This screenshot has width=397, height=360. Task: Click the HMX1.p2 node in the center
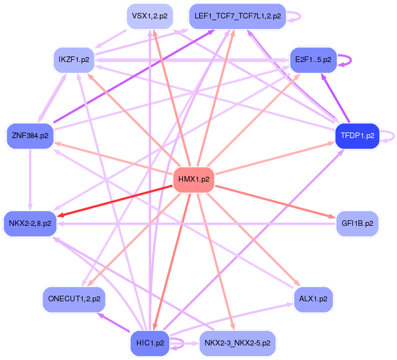(194, 180)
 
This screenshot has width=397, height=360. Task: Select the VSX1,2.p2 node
(149, 16)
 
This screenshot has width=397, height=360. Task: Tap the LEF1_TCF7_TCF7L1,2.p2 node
(238, 16)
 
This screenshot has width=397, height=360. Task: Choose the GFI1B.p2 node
(357, 224)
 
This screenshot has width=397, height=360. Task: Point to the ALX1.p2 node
(313, 299)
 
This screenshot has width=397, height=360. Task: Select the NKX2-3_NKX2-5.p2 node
(237, 343)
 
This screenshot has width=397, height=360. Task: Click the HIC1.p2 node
(150, 343)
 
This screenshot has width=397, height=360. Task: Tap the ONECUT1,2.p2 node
(74, 299)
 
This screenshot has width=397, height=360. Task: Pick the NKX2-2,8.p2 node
(30, 224)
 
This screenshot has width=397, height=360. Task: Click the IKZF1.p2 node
(74, 59)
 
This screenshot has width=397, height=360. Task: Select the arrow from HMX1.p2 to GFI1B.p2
(274, 202)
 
